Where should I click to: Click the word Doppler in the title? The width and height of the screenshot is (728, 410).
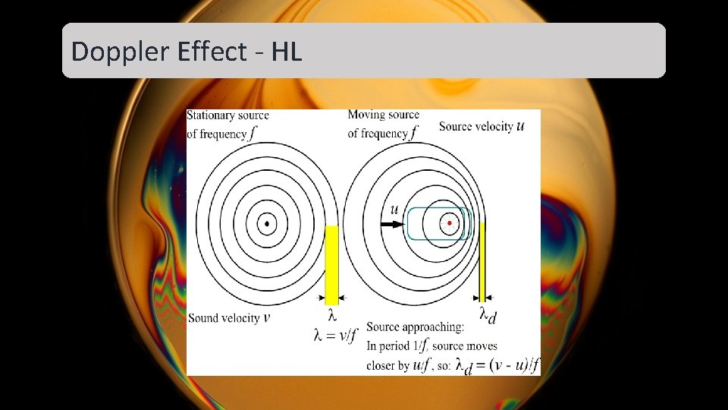click(107, 52)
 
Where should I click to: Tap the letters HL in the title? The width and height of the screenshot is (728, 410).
click(287, 52)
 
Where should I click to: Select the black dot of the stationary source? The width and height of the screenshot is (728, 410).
click(267, 223)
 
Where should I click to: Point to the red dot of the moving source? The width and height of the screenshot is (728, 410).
click(450, 223)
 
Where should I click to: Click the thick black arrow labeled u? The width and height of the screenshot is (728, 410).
click(392, 225)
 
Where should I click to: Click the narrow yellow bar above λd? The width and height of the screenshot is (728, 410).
click(482, 262)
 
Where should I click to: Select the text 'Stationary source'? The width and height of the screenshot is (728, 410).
click(227, 115)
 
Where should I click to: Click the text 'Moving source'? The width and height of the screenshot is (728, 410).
click(383, 115)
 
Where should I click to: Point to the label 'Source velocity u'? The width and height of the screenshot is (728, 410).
click(481, 127)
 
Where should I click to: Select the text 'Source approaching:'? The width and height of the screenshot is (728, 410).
click(415, 327)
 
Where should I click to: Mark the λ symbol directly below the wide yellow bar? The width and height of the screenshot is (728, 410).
click(331, 314)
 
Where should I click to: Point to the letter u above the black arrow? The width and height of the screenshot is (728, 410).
click(394, 209)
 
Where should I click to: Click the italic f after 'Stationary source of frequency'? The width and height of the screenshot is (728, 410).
click(252, 134)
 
